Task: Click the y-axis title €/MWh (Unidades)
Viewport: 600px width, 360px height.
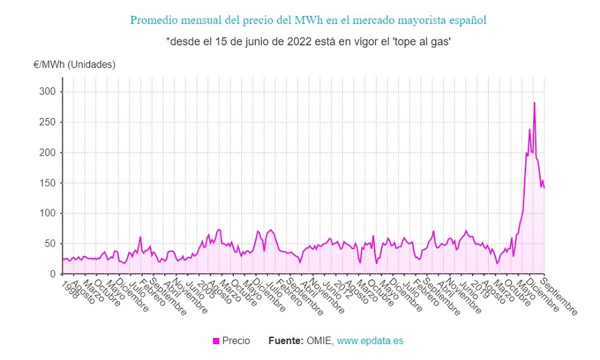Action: (74, 65)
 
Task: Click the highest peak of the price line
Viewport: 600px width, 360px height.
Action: (534, 103)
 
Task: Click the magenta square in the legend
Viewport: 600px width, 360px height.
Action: (215, 341)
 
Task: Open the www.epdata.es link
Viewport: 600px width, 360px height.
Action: (370, 341)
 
